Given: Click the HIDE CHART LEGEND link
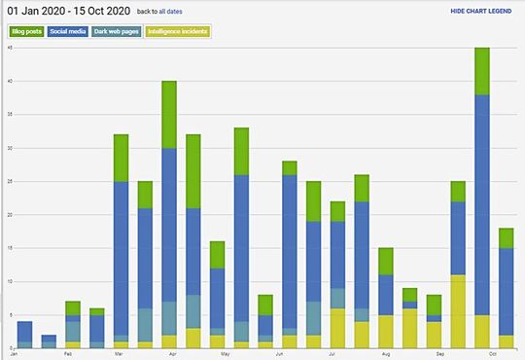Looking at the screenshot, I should [481, 11].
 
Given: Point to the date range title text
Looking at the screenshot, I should [68, 11].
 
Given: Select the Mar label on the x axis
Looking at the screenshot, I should [119, 354].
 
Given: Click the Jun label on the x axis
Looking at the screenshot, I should [279, 354].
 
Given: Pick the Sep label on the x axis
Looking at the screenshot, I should [439, 354].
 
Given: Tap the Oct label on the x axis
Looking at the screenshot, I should [494, 354].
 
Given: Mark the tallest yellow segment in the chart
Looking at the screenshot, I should [457, 311].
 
